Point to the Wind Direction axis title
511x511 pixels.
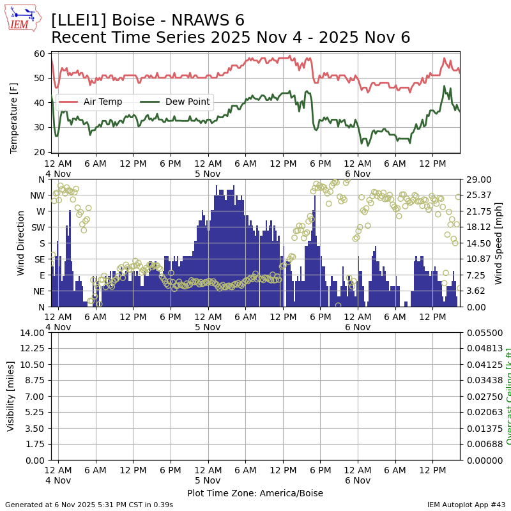pyautogui.click(x=21, y=243)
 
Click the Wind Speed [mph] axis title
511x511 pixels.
pyautogui.click(x=499, y=243)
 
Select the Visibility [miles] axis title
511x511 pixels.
pyautogui.click(x=11, y=396)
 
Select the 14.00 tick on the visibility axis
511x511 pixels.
pyautogui.click(x=33, y=333)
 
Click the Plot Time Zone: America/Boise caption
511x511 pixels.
pyautogui.click(x=255, y=493)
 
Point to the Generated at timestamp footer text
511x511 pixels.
pyautogui.click(x=89, y=505)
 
